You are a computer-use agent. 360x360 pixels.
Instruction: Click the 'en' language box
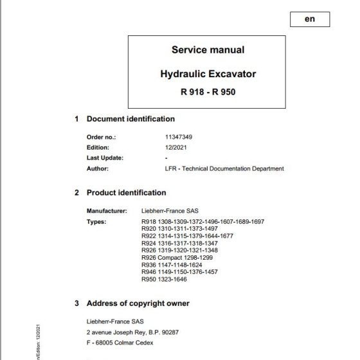pyautogui.click(x=309, y=19)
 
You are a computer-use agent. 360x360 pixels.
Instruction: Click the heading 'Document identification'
pyautogui.click(x=130, y=119)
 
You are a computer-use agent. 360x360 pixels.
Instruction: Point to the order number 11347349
pyautogui.click(x=178, y=137)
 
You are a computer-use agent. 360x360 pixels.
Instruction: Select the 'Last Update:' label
pyautogui.click(x=105, y=157)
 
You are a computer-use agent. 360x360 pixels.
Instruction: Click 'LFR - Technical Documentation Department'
pyautogui.click(x=224, y=168)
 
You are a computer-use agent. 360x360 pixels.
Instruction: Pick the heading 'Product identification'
pyautogui.click(x=126, y=192)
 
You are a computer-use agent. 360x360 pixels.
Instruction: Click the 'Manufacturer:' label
pyautogui.click(x=107, y=211)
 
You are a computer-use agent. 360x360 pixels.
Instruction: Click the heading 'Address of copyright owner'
pyautogui.click(x=138, y=303)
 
